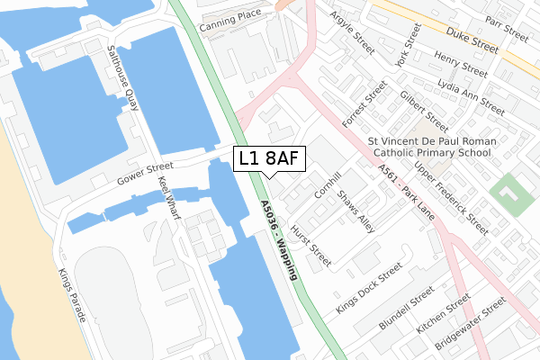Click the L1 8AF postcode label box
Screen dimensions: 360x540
pos(270,159)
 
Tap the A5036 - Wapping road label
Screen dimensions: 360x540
pos(281,240)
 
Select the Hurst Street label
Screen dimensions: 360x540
pos(316,247)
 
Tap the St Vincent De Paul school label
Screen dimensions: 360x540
pos(430,147)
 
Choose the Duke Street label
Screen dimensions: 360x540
pos(478,40)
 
